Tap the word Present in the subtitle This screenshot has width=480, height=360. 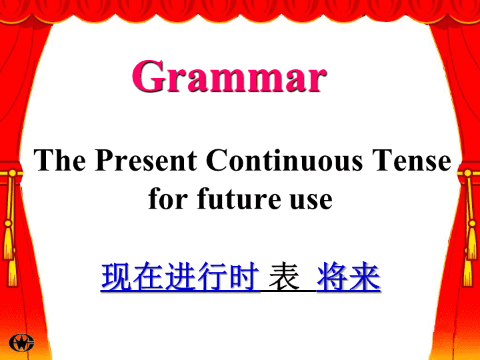tap(146, 160)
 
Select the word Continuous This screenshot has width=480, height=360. tap(285, 160)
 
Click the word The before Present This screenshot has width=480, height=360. tap(60, 160)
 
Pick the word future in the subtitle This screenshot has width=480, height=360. tap(239, 199)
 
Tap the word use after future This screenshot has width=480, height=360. tap(311, 201)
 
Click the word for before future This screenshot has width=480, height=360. tap(168, 199)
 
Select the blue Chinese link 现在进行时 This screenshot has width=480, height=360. tap(180, 277)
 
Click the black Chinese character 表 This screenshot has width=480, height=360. tap(284, 277)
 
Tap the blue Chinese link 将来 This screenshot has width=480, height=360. tap(349, 277)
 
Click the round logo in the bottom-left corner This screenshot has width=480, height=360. tap(21, 343)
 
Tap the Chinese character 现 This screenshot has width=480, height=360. tap(117, 277)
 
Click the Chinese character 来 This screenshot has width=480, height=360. tap(365, 277)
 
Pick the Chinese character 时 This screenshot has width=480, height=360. tap(244, 277)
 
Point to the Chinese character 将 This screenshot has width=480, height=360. tap(333, 277)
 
